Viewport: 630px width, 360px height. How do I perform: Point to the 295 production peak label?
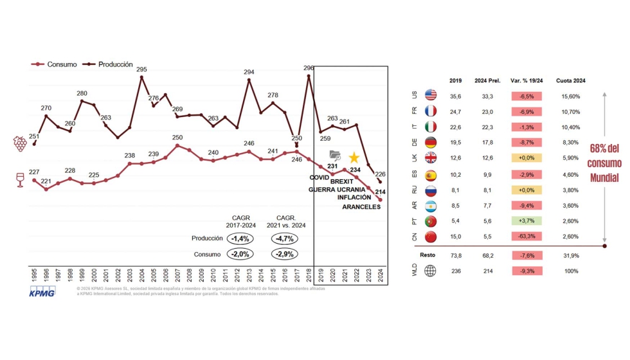point(141,69)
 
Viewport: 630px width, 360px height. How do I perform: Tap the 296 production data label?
point(309,68)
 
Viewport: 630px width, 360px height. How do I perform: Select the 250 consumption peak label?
point(177,138)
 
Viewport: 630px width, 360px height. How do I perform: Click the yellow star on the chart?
point(354,157)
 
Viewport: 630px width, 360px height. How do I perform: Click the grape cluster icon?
point(21,143)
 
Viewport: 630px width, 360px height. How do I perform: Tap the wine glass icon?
point(21,180)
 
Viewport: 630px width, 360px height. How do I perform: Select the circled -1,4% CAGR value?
point(240,239)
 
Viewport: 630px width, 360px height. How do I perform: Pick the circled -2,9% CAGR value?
point(285,255)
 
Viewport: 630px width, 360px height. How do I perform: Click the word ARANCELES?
point(361,207)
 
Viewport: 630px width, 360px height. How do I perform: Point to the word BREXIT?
point(343,182)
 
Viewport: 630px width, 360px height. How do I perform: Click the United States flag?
point(431,96)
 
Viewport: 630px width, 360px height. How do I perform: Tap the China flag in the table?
point(431,237)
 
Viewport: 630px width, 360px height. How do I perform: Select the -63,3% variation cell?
point(527,237)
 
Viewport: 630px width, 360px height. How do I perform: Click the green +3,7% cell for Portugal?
point(527,221)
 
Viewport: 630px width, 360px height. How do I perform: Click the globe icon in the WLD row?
point(431,271)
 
